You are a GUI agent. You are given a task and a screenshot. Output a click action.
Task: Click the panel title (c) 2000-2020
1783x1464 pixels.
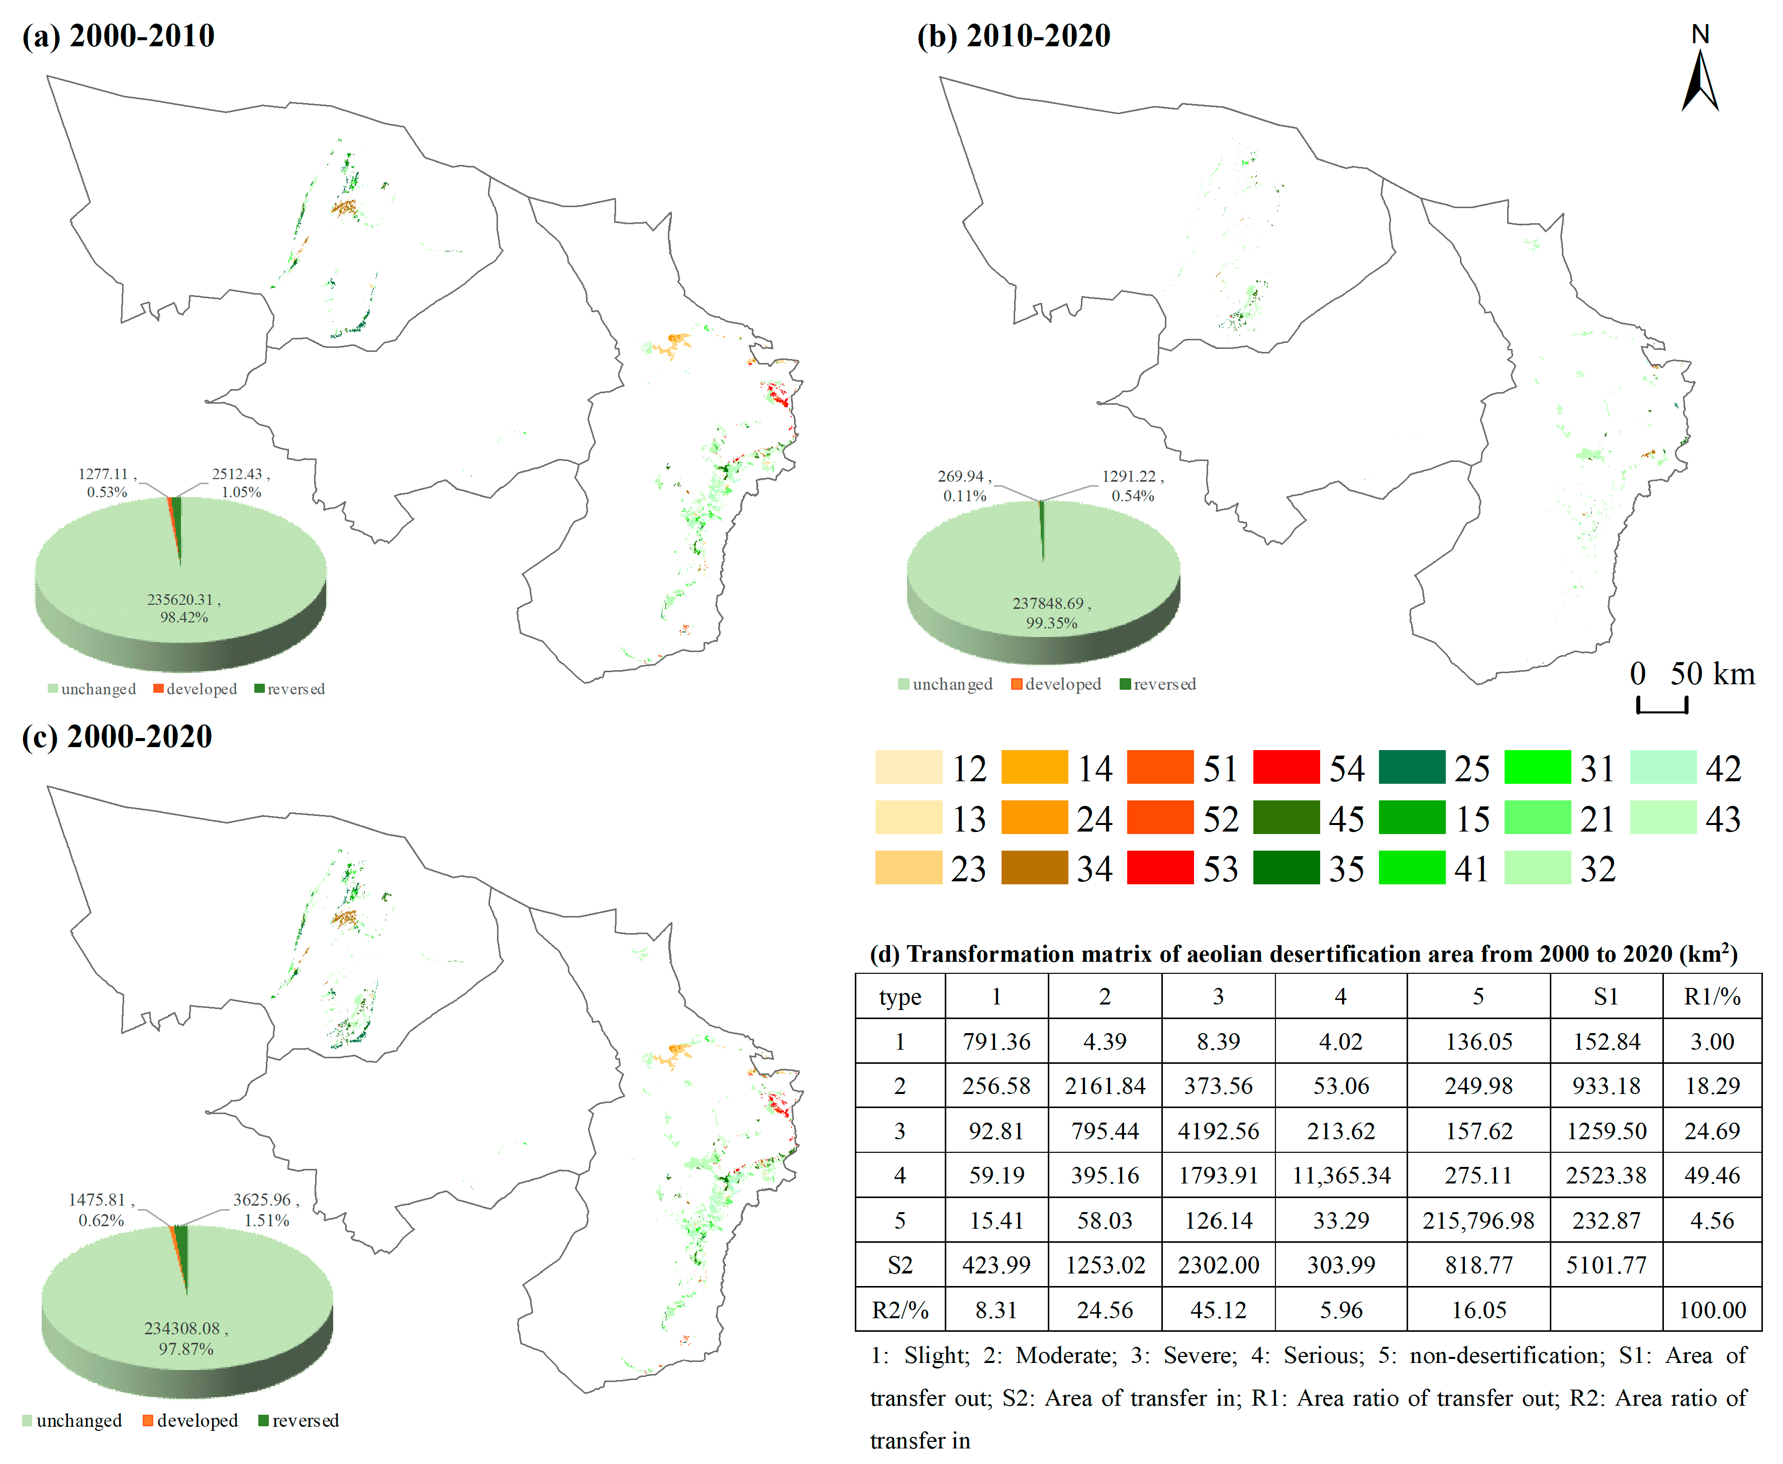[117, 736]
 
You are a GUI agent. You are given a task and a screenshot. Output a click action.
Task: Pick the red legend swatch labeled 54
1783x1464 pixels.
[1285, 767]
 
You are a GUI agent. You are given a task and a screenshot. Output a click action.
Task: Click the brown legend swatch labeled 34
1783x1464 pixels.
[1034, 868]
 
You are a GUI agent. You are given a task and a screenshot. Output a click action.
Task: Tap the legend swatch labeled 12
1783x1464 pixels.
[908, 767]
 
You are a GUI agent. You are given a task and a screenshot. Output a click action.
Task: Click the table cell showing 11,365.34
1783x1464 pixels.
[1340, 1175]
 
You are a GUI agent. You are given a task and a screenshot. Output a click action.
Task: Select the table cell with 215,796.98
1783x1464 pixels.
[1478, 1220]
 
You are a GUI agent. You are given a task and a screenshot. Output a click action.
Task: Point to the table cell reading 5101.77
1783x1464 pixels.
[1606, 1265]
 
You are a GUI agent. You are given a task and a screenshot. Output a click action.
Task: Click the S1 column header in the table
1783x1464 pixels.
[1606, 997]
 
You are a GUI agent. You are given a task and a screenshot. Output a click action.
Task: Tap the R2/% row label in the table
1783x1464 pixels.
[900, 1310]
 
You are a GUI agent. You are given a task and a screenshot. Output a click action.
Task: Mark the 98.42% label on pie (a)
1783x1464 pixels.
[184, 617]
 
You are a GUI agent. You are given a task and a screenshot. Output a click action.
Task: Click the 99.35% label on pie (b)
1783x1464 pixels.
[1051, 623]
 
